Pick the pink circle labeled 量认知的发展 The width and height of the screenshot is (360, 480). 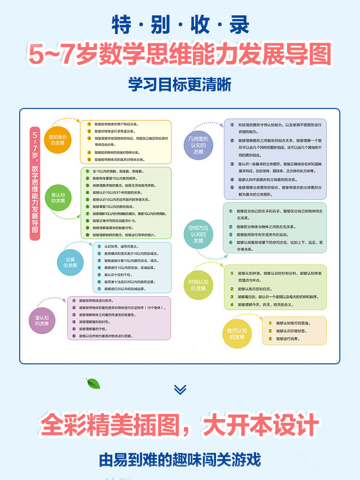click(x=45, y=321)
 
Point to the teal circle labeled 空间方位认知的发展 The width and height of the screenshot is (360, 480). click(x=198, y=235)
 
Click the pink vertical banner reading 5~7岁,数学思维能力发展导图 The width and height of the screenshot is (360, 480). click(x=35, y=183)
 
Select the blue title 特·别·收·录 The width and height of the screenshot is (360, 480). click(x=180, y=25)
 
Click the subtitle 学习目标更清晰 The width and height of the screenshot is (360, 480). click(x=180, y=84)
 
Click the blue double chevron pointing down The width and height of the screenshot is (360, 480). click(x=180, y=389)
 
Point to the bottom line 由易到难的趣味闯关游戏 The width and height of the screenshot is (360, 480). click(x=180, y=459)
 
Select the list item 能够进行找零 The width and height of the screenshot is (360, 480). click(x=288, y=338)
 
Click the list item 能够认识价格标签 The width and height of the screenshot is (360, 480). click(x=293, y=331)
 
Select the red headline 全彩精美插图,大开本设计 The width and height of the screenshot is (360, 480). click(x=180, y=425)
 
